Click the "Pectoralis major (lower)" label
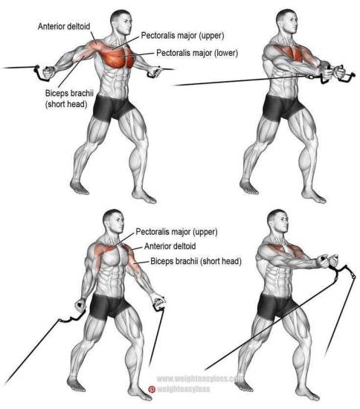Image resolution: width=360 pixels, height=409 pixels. pyautogui.click(x=197, y=53)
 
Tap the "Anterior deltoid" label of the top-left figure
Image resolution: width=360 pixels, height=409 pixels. pyautogui.click(x=64, y=26)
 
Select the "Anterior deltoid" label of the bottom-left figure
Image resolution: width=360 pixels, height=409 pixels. pyautogui.click(x=170, y=246)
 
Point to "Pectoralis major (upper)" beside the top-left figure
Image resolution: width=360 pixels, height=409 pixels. pyautogui.click(x=182, y=36)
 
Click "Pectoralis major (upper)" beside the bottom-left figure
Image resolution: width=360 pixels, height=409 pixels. pyautogui.click(x=176, y=231)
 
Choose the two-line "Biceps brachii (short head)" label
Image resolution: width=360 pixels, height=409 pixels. pyautogui.click(x=69, y=99)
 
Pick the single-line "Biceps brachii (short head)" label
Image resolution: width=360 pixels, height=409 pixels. pyautogui.click(x=196, y=261)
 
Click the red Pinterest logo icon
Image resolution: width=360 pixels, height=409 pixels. pyautogui.click(x=152, y=390)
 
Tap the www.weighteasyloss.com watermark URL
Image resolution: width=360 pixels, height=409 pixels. pyautogui.click(x=199, y=379)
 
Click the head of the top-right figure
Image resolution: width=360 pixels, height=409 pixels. pyautogui.click(x=287, y=22)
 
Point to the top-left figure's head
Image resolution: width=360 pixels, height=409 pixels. pyautogui.click(x=120, y=22)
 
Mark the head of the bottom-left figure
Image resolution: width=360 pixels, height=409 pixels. pyautogui.click(x=114, y=222)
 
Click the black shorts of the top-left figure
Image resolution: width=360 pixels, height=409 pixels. pyautogui.click(x=112, y=108)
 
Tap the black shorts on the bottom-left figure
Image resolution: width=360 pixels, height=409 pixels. pyautogui.click(x=109, y=306)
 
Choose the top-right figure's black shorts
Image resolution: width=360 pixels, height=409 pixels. pyautogui.click(x=281, y=107)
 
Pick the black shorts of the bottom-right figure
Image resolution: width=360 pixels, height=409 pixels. pyautogui.click(x=276, y=306)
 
